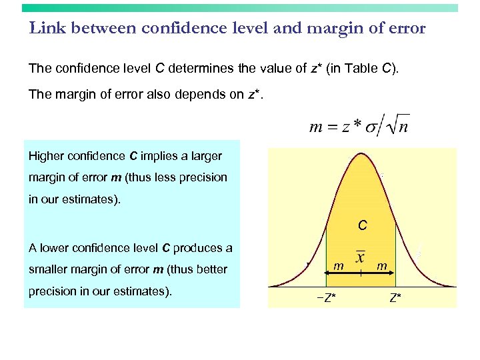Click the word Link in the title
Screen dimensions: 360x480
46,28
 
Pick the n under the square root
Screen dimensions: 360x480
403,127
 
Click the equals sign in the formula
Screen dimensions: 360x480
330,127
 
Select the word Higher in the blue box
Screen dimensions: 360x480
48,156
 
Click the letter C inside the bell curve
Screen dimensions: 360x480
362,226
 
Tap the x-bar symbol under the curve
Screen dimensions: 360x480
361,257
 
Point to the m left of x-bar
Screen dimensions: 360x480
339,266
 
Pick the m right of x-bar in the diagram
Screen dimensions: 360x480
383,266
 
